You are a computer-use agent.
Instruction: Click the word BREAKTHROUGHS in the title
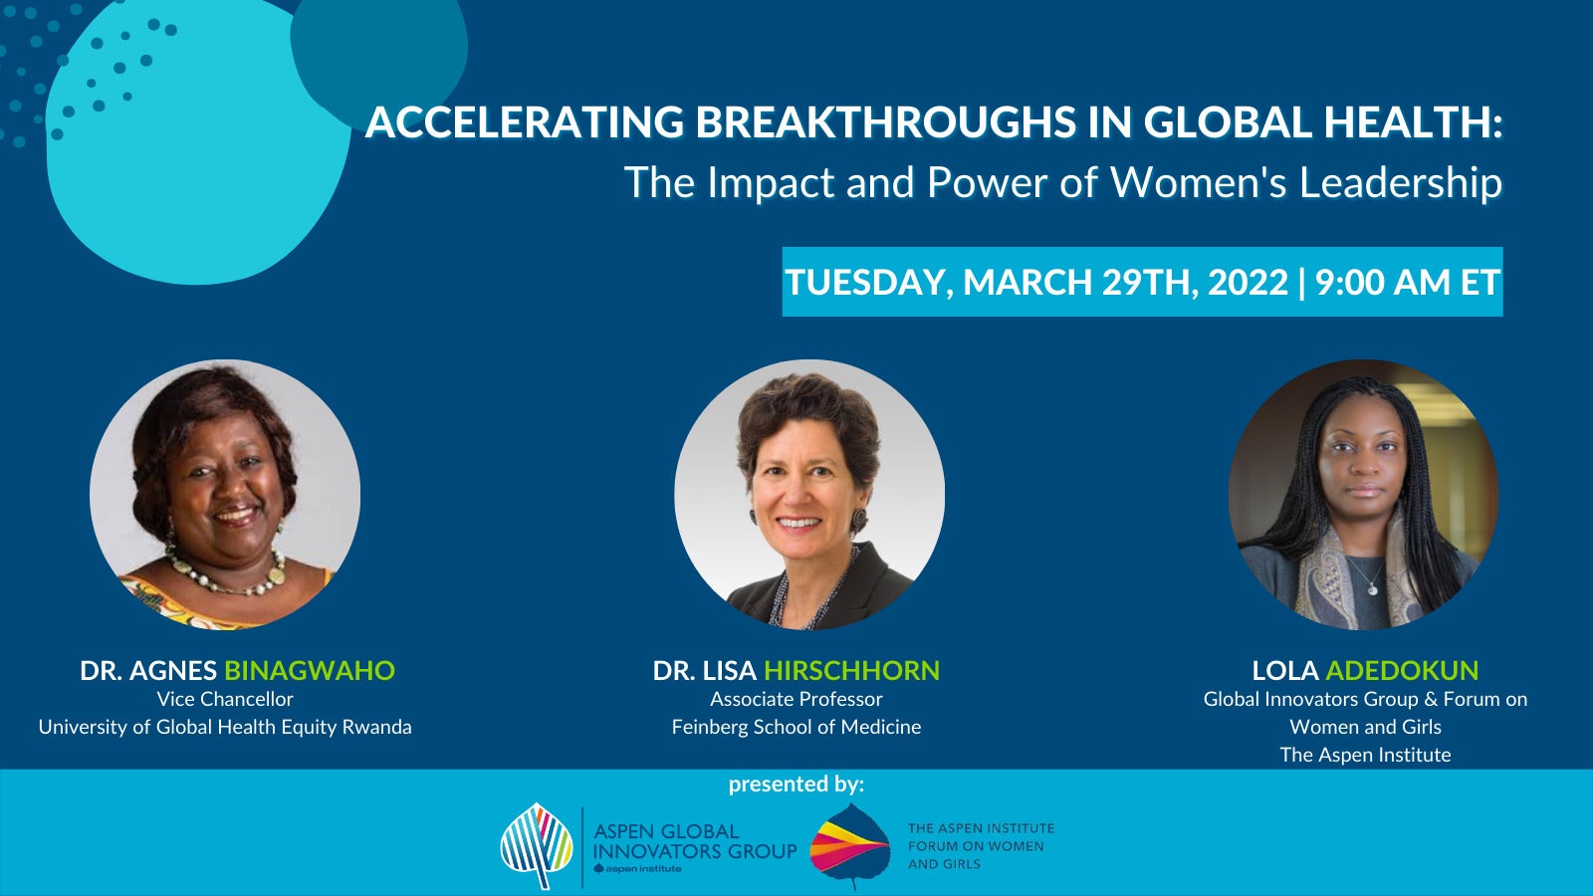tap(885, 121)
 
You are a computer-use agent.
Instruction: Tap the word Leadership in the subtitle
tap(1400, 183)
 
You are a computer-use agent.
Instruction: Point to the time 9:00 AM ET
tap(1408, 282)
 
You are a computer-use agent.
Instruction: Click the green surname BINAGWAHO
tap(310, 671)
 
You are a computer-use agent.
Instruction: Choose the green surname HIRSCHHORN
tap(852, 671)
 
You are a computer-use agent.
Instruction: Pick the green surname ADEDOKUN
tap(1402, 671)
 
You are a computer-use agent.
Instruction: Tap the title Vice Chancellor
tap(225, 699)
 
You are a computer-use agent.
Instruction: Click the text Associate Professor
tap(796, 699)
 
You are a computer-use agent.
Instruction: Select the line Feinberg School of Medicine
tap(796, 727)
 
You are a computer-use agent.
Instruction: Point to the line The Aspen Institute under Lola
tap(1365, 755)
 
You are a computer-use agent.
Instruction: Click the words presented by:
tap(796, 784)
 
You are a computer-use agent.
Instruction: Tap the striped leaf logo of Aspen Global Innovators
tap(537, 845)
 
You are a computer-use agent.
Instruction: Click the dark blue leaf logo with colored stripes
tap(850, 845)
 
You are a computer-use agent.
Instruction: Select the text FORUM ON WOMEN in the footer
tap(976, 846)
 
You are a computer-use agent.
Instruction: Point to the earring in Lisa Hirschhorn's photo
tap(860, 518)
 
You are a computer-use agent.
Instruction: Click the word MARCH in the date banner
tap(1027, 282)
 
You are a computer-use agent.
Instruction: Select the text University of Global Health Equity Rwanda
tap(225, 727)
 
